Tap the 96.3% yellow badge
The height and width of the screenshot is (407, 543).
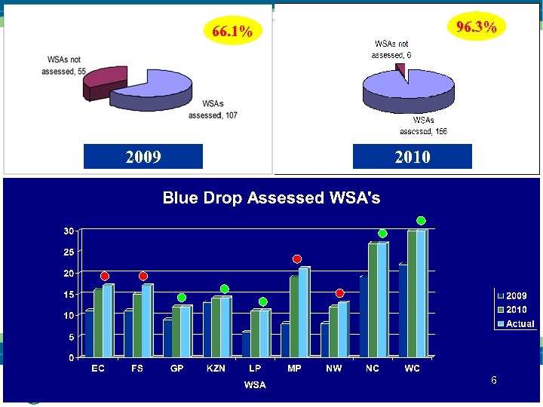click(x=477, y=27)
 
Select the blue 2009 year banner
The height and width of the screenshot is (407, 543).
click(x=143, y=157)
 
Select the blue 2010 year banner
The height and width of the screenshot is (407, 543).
click(x=412, y=157)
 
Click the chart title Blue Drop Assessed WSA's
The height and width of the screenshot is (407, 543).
click(x=271, y=198)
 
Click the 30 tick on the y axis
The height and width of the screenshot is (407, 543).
click(x=68, y=231)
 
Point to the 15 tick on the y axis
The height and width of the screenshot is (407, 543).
click(x=68, y=294)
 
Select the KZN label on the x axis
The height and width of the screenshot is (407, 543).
click(x=216, y=369)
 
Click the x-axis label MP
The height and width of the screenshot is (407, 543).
click(x=294, y=369)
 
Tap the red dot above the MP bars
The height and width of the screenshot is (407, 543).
click(x=297, y=259)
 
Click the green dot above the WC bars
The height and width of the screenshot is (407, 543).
click(x=421, y=221)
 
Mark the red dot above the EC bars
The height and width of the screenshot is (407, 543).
click(x=105, y=276)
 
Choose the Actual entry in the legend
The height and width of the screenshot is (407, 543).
click(x=520, y=323)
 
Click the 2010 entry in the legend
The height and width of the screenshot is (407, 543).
click(x=516, y=310)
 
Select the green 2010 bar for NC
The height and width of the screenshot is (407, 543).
click(x=373, y=299)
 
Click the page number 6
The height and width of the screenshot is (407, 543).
click(x=493, y=380)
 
